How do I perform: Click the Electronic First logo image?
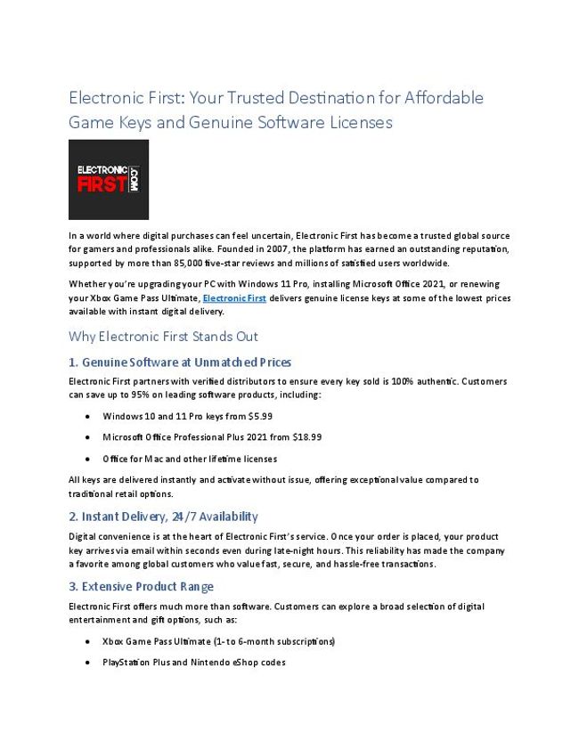109,179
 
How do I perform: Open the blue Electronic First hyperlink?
234,298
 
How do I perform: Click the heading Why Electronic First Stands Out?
163,337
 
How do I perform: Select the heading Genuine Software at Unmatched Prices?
180,362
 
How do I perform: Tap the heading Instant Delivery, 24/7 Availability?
163,517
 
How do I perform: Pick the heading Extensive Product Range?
141,587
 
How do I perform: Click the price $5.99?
261,416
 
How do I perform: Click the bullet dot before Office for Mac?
86,460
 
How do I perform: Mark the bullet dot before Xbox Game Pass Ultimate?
86,642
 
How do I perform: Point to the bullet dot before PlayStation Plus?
86,664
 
